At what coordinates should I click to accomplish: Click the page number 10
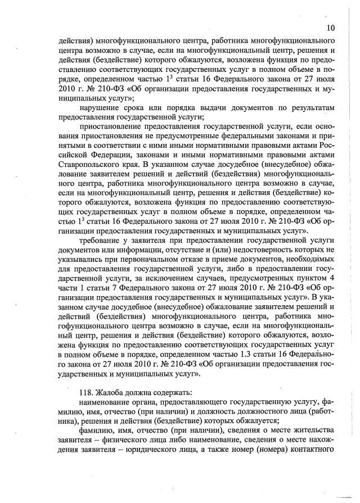(x=331, y=28)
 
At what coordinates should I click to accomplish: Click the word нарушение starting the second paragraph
(x=103, y=107)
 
